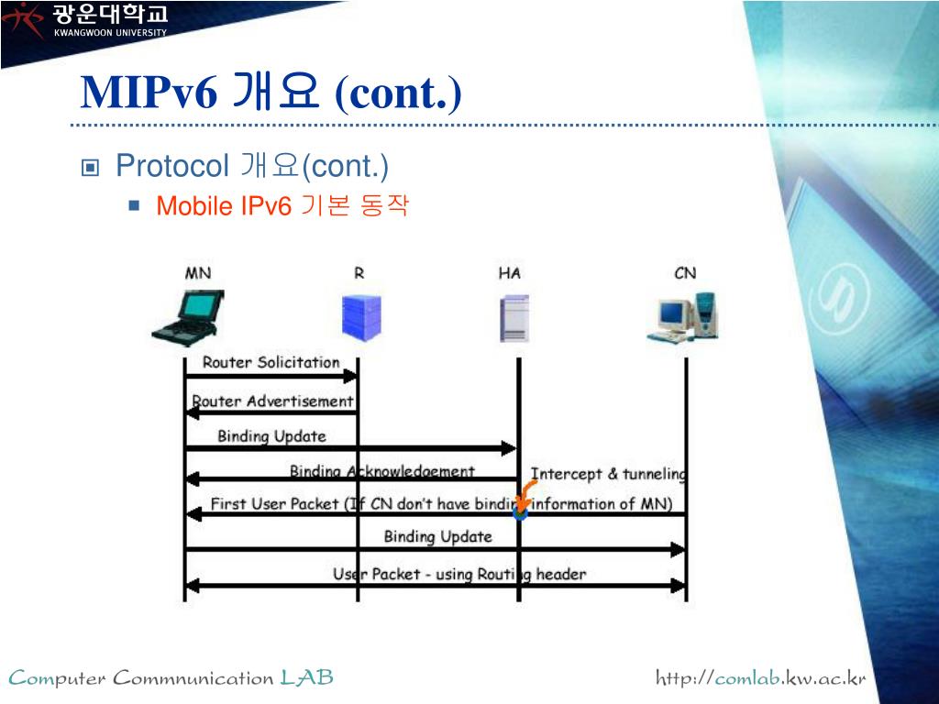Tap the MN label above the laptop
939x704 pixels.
coord(198,273)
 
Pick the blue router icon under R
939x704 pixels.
coord(360,317)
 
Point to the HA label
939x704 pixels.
coord(509,273)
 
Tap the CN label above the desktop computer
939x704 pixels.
coord(685,273)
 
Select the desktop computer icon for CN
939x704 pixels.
coord(683,317)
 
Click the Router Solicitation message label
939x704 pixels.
coord(271,362)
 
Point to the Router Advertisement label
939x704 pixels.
coord(272,401)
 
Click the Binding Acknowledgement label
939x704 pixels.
coord(382,471)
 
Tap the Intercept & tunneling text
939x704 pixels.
coord(608,474)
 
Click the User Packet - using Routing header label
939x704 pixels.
coord(458,575)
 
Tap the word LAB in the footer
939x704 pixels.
coord(306,678)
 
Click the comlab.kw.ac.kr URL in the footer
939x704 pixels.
coord(760,678)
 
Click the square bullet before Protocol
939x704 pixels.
coord(90,168)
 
